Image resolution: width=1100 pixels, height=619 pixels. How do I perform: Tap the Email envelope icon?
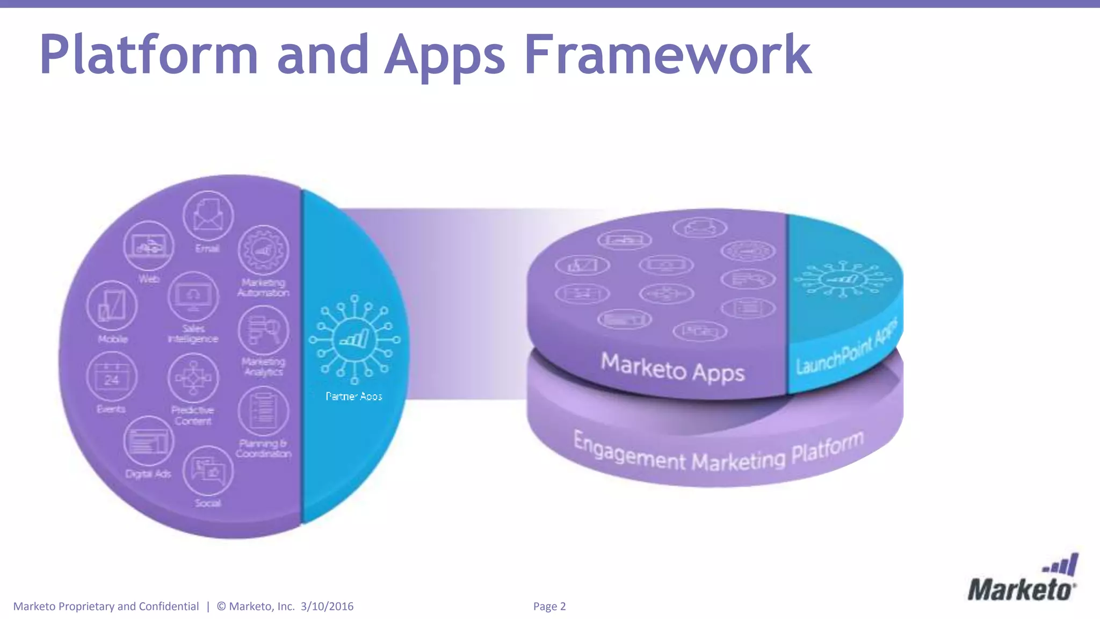pyautogui.click(x=208, y=215)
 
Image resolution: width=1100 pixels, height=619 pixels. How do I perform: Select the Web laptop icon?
pyautogui.click(x=149, y=246)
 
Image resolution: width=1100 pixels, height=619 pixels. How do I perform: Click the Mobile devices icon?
pyautogui.click(x=112, y=305)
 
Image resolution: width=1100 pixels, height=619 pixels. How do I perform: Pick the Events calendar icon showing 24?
pyautogui.click(x=112, y=377)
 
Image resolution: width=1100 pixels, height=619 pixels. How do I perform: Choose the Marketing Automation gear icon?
pyautogui.click(x=263, y=250)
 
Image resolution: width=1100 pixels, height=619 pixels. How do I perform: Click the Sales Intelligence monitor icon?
pyautogui.click(x=193, y=297)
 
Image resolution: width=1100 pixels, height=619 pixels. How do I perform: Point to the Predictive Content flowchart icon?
pyautogui.click(x=193, y=378)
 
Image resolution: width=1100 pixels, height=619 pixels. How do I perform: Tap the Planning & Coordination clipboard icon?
pyautogui.click(x=263, y=411)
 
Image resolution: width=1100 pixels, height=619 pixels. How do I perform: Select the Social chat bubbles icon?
pyautogui.click(x=208, y=471)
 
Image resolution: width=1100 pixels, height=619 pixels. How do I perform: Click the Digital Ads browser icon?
pyautogui.click(x=149, y=442)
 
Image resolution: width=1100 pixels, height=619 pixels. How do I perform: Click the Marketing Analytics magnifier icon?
pyautogui.click(x=263, y=330)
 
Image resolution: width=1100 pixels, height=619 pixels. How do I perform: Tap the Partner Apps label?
pyautogui.click(x=354, y=397)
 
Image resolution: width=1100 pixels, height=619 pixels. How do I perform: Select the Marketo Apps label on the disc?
pyautogui.click(x=672, y=368)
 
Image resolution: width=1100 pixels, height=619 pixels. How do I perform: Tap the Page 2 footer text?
pyautogui.click(x=549, y=607)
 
